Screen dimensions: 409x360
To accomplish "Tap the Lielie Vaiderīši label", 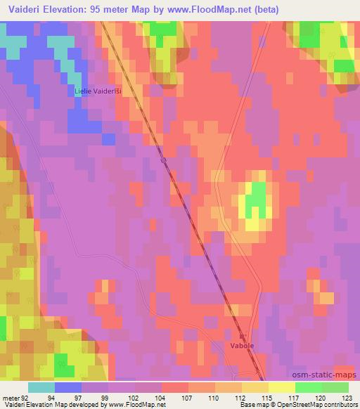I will pyautogui.click(x=98, y=91).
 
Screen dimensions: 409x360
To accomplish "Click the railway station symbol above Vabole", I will pyautogui.click(x=241, y=337).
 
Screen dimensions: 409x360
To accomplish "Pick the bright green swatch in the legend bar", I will pyautogui.click(x=309, y=387).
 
